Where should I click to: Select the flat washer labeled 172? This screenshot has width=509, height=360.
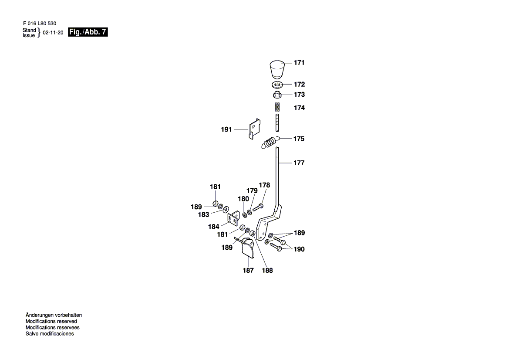click(277, 84)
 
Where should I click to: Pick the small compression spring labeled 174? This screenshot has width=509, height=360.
click(277, 107)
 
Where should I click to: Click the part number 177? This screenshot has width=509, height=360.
click(299, 163)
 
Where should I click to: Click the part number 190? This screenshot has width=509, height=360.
click(299, 249)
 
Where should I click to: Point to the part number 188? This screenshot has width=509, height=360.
click(267, 271)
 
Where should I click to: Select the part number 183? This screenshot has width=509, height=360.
click(203, 214)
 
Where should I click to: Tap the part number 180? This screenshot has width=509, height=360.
click(243, 199)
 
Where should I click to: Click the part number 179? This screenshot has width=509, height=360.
click(252, 191)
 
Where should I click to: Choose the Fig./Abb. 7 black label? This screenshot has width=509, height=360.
click(88, 32)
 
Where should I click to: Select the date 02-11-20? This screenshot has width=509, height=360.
click(53, 33)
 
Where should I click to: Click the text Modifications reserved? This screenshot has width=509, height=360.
click(51, 321)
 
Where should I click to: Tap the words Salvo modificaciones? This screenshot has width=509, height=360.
click(50, 334)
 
